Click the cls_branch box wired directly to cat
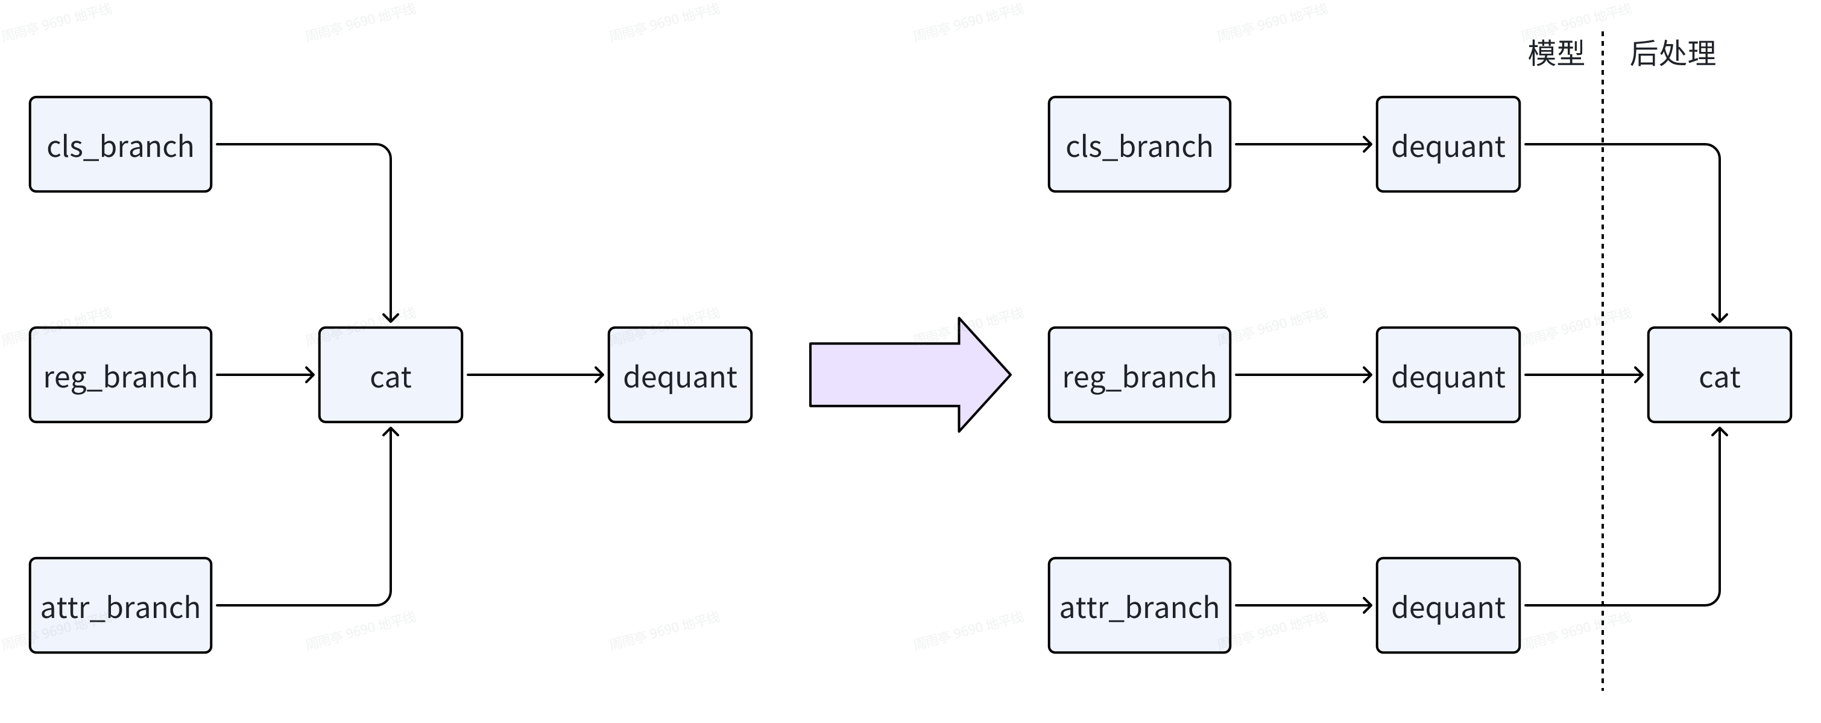120,144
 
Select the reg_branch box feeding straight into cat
120,375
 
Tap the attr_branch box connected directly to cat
120,605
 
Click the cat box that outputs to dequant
390,375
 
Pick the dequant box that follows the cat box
680,375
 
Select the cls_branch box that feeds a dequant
1139,144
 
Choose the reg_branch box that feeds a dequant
1139,375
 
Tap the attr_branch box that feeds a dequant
1139,605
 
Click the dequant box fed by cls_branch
1448,144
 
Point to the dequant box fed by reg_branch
1448,375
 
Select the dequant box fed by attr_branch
1448,605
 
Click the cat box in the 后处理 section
1719,375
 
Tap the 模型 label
1556,54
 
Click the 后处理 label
1673,54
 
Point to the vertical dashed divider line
1603,495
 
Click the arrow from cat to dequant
534,375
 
